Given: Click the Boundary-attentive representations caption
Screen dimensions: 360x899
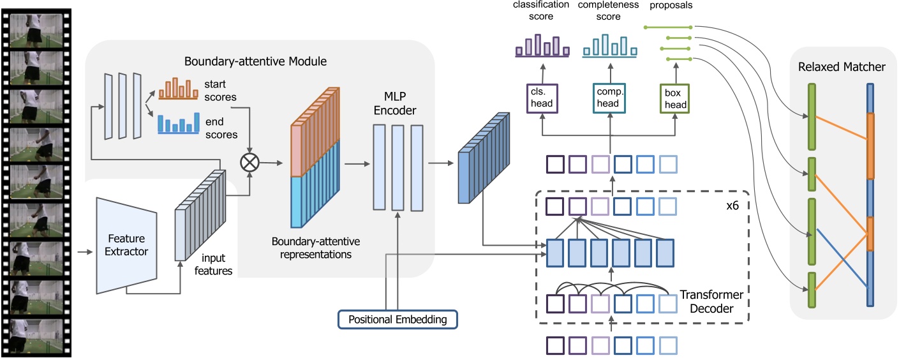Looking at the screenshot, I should click(316, 247).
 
